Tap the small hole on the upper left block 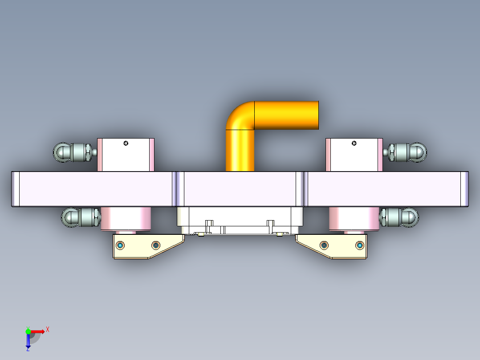click(126, 143)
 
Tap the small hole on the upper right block click(354, 143)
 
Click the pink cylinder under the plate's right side click(354, 219)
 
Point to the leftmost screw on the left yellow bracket click(120, 245)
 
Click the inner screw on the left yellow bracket click(155, 245)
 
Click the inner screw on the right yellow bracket click(324, 245)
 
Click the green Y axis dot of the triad click(28, 331)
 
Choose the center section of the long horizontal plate click(240, 189)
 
